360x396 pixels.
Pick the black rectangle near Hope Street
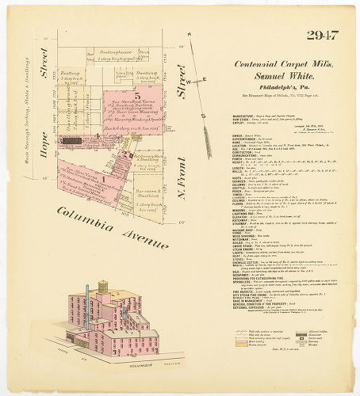coord(72,139)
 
